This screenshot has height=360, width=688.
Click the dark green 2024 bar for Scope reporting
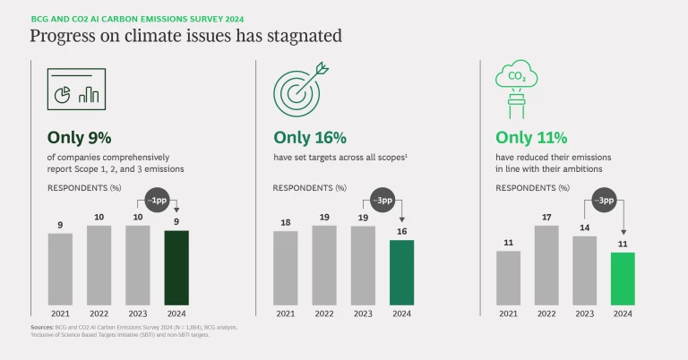click(176, 268)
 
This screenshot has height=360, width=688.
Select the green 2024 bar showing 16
click(401, 272)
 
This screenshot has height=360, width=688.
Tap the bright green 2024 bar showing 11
click(623, 278)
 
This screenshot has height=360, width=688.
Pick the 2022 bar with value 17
click(546, 264)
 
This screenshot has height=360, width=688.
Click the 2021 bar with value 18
click(286, 268)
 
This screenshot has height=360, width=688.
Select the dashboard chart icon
click(76, 89)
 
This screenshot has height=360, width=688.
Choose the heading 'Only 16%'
click(310, 138)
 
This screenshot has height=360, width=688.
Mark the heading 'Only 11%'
click(532, 138)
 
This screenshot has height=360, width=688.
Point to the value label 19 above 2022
click(324, 218)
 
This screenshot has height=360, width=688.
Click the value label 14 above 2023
click(585, 228)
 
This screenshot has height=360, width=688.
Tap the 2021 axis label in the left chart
click(60, 313)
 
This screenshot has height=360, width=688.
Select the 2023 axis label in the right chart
click(585, 313)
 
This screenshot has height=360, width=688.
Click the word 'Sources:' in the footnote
click(42, 328)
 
